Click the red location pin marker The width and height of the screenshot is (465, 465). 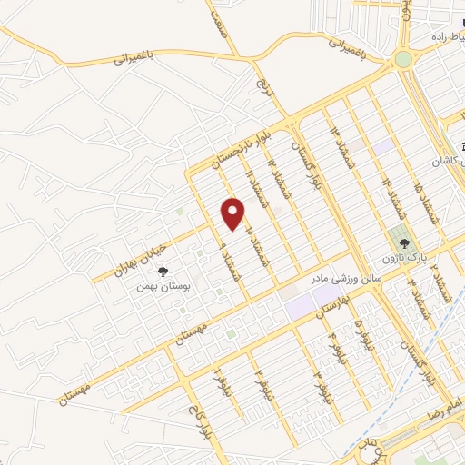[234, 213]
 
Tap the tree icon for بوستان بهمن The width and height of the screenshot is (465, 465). [163, 272]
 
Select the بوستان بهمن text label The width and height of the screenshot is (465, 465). [154, 286]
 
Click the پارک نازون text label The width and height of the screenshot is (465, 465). [409, 260]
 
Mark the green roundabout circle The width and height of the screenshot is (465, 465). [402, 59]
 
